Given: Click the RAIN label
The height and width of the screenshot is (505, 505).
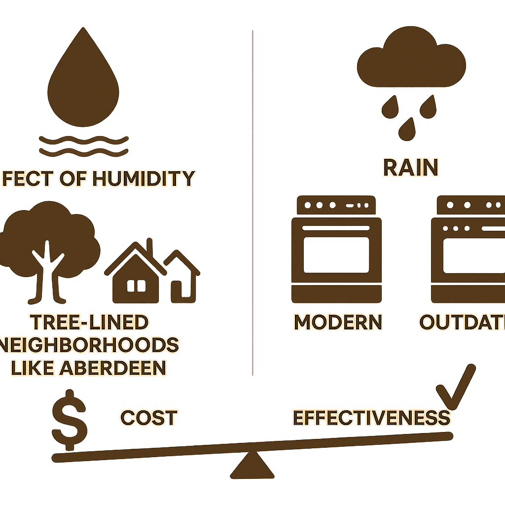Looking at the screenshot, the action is [410, 168].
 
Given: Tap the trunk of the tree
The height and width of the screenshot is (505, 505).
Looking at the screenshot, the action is [49, 276].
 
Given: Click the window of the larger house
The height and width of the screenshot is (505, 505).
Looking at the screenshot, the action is [137, 286].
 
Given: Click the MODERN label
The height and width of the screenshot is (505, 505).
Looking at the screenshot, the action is [338, 323].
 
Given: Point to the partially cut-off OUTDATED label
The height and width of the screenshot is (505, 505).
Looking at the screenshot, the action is [462, 323].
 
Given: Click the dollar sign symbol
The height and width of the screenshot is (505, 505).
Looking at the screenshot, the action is [70, 422].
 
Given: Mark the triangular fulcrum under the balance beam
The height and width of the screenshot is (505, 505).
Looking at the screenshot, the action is [252, 466].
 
